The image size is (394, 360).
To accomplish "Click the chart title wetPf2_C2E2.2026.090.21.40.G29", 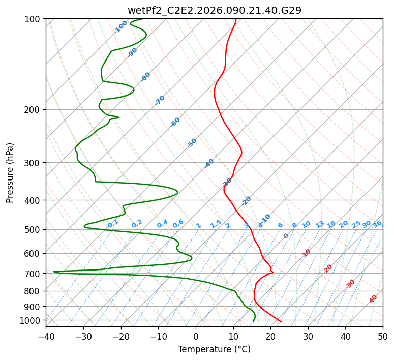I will (214, 10).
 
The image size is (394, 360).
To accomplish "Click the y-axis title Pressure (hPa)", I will (10, 173).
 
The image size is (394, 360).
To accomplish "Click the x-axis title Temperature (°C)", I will (214, 349).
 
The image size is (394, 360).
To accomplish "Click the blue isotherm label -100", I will (120, 27).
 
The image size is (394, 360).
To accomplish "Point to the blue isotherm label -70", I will (160, 100).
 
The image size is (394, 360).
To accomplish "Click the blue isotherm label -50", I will (192, 143).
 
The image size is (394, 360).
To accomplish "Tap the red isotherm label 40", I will (373, 299).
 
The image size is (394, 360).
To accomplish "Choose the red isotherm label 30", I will (351, 284).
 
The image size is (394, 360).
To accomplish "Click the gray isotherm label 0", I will (286, 236).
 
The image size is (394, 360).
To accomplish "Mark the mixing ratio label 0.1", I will (113, 223).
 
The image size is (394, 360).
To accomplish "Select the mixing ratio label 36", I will (377, 224).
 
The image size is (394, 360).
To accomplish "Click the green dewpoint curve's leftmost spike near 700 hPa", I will (54, 272).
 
